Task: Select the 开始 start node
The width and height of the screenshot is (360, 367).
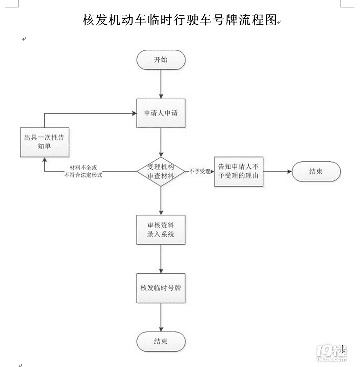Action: (161, 60)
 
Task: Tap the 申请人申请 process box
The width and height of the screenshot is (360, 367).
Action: (161, 113)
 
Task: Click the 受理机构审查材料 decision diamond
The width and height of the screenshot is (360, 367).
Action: (161, 171)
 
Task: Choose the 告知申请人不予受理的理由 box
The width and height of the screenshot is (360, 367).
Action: (238, 171)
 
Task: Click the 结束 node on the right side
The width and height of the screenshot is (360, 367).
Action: (316, 171)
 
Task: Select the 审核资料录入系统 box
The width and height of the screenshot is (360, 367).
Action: (161, 230)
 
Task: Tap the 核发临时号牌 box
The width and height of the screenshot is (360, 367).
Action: (161, 288)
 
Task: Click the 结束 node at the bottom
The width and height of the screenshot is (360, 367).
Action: (161, 341)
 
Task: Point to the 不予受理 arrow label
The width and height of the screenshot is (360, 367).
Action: (200, 171)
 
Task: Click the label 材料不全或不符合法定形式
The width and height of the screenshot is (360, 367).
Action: (83, 171)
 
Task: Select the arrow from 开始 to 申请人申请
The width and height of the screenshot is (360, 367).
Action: (161, 84)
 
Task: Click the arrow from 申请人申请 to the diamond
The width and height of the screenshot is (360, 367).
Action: (161, 142)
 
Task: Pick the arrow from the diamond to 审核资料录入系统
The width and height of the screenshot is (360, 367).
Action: (161, 200)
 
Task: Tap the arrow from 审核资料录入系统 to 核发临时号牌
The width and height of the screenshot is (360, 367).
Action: (161, 258)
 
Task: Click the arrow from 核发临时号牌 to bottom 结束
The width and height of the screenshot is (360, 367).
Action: (161, 317)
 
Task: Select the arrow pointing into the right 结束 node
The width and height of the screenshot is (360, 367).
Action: (277, 171)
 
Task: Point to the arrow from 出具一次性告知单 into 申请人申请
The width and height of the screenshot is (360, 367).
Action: (88, 113)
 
